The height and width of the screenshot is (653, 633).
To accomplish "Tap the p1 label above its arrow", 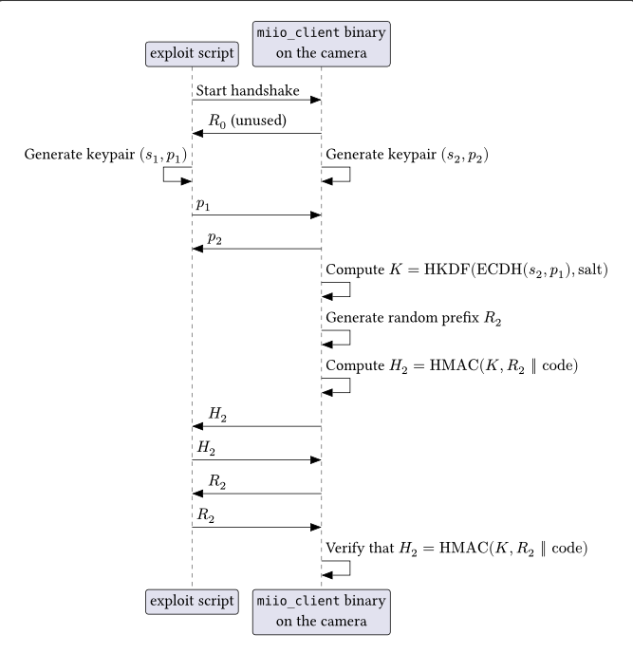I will point(203,204).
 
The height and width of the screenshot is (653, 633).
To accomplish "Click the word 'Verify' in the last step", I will point(345,549).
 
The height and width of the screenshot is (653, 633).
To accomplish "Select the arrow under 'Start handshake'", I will point(256,101).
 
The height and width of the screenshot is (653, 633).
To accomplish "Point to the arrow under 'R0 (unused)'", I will point(256,134).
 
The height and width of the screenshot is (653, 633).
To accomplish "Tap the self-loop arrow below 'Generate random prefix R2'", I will point(337,337).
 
